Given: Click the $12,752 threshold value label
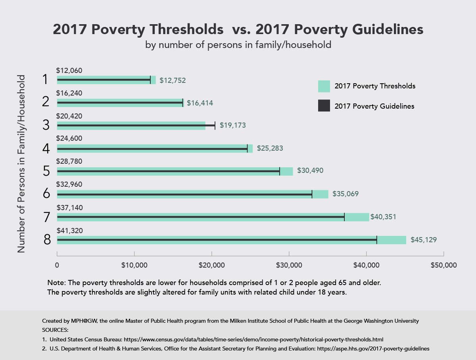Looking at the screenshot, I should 173,80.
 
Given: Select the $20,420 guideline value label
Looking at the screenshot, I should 69,117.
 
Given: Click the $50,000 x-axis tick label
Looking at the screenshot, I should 443,265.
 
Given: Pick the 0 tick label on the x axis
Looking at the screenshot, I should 57,265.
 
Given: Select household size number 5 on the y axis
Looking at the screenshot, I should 47,172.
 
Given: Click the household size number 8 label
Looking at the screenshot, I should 47,240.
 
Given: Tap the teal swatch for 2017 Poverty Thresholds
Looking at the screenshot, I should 324,86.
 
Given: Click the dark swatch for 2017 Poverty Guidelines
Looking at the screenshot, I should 324,106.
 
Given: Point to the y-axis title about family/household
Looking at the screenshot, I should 21,163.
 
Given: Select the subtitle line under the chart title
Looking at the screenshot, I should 238,45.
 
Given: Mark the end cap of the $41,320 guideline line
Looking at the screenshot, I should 377,240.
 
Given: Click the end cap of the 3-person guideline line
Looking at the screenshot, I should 215,126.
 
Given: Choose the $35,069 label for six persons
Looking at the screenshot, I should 346,194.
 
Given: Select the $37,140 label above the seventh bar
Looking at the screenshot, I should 69,208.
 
